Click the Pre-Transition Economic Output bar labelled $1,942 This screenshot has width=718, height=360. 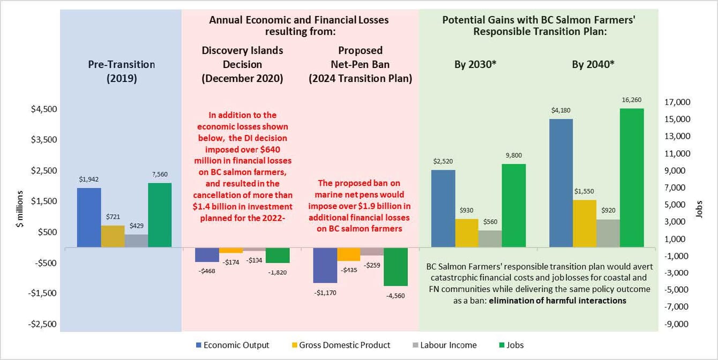point(89,217)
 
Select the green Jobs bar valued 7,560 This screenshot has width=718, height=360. point(160,215)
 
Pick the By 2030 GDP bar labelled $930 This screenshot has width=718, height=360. point(466,233)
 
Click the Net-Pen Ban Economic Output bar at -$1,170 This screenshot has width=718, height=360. point(325,265)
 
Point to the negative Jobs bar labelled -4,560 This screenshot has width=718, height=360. point(395,267)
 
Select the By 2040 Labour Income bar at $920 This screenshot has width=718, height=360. point(608,233)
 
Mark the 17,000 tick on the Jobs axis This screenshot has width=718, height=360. point(677,102)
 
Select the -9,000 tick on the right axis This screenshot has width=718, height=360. point(676,324)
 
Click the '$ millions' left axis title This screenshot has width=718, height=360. point(20,208)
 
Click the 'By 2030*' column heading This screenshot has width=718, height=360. point(466,64)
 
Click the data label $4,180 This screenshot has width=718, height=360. point(561,110)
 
